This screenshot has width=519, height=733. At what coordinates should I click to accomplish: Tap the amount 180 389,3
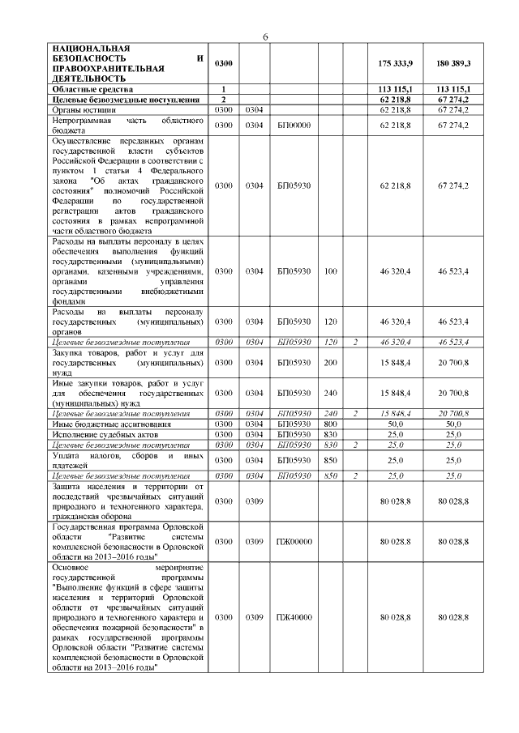click(x=453, y=63)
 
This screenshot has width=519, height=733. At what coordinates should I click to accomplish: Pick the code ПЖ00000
click(x=294, y=541)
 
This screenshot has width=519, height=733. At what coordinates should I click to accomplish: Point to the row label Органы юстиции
click(x=82, y=109)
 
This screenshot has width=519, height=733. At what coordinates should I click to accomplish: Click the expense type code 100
click(x=330, y=271)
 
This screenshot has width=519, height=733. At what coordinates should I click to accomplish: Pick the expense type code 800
click(x=330, y=423)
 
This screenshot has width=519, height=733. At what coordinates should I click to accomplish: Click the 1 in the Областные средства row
click(x=223, y=88)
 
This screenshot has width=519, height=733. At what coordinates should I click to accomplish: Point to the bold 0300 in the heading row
click(x=224, y=63)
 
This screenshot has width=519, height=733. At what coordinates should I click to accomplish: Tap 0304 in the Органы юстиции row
click(x=255, y=109)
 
